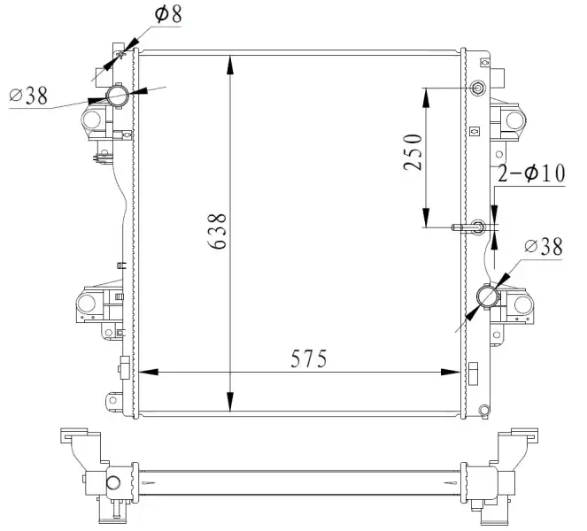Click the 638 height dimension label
(x=217, y=231)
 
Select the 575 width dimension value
(x=309, y=358)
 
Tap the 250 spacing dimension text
(x=413, y=151)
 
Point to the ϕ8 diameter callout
(x=168, y=14)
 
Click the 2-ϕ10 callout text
(x=531, y=173)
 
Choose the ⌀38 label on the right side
(x=544, y=246)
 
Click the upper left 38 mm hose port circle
(x=118, y=96)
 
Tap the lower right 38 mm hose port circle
(x=488, y=296)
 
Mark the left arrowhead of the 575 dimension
(x=149, y=372)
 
